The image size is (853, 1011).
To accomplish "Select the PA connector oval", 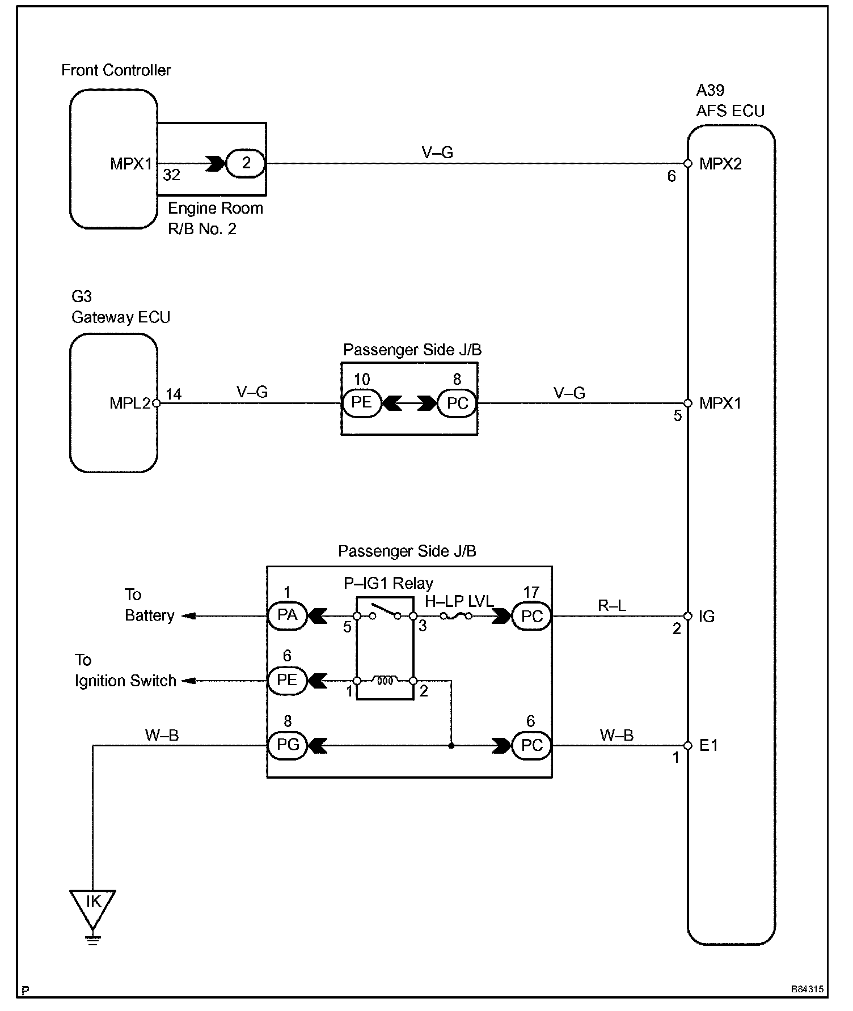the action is click(287, 615).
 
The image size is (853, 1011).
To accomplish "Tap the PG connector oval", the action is click(287, 745).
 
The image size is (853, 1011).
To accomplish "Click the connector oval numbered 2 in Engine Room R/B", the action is click(246, 163).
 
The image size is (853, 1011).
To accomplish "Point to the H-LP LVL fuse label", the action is click(459, 601).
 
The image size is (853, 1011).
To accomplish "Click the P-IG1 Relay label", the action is click(389, 583).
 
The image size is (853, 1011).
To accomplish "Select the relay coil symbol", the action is click(385, 681).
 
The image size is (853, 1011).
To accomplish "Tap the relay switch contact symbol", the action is click(385, 613).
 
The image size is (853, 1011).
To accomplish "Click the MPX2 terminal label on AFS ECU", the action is click(720, 164).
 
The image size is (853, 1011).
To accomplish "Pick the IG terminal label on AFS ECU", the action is click(707, 616).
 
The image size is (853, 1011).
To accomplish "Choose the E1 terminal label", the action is click(708, 745).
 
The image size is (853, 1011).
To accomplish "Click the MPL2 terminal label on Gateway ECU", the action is click(130, 403).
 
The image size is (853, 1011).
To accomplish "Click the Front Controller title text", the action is click(116, 70).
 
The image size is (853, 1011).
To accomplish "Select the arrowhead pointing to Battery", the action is click(189, 616).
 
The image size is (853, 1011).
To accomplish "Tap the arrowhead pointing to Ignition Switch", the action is click(189, 681).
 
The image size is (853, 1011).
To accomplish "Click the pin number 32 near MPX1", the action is click(171, 175).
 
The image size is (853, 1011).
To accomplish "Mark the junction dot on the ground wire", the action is click(451, 746).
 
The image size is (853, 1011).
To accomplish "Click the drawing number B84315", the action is click(807, 989).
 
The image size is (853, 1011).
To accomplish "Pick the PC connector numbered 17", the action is click(531, 616).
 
